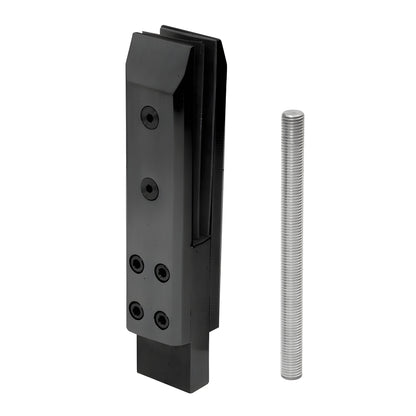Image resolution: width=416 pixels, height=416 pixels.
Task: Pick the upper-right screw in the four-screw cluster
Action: pos(161,272)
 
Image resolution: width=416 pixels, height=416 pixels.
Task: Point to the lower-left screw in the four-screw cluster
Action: pos(136,311)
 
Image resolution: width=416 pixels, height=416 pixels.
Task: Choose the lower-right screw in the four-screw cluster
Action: pos(161,320)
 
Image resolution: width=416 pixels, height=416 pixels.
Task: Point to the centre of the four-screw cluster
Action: pos(149,292)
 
